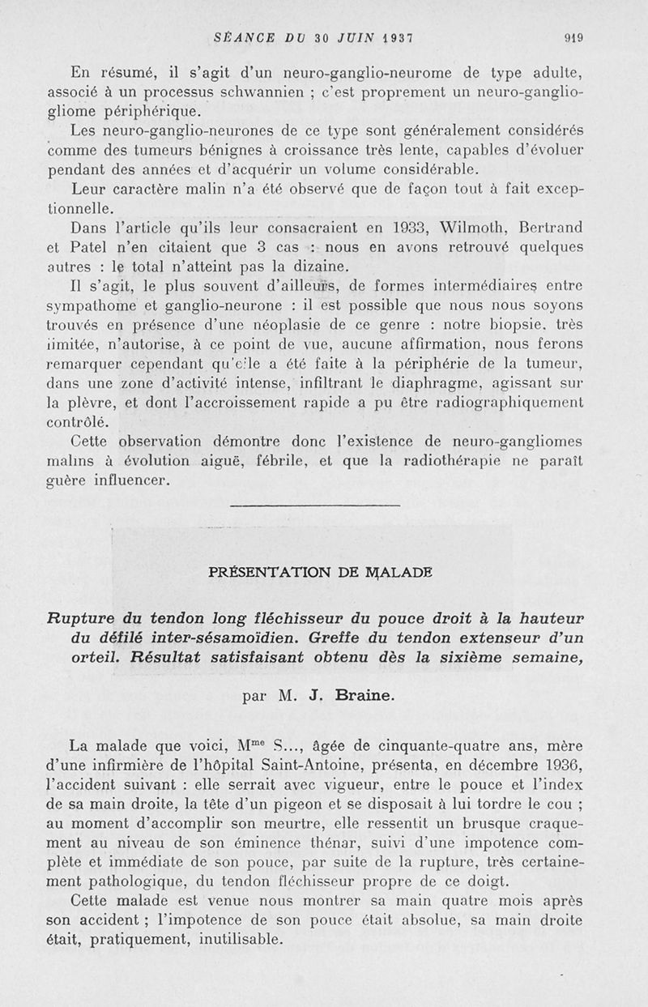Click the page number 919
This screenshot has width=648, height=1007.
point(574,36)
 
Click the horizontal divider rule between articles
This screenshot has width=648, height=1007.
point(315,506)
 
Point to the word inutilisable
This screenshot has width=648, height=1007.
point(236,940)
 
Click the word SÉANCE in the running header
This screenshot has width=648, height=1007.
point(243,36)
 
